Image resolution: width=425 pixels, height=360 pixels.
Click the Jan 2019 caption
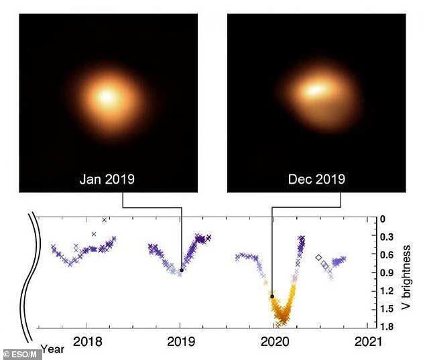pos(107,179)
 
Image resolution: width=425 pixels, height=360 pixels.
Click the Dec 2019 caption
pos(316,179)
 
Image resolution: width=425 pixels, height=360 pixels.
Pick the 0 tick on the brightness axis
pos(383,219)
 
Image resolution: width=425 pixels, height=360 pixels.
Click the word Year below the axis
pos(52,349)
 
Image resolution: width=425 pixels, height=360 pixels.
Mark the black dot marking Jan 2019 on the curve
pos(182,270)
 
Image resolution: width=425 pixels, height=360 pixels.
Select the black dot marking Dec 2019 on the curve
pos(271,296)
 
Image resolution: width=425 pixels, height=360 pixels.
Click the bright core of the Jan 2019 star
pos(106,96)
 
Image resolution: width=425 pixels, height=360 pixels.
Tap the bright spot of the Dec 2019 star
pos(315,89)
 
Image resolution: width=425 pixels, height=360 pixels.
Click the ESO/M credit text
pos(21,353)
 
